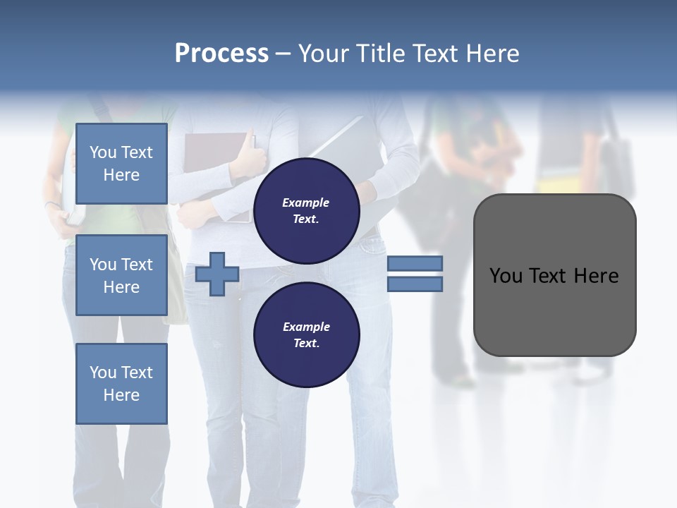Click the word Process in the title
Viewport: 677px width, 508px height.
pos(221,53)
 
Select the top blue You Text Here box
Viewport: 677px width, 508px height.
pos(121,164)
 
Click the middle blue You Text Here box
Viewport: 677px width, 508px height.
pos(121,275)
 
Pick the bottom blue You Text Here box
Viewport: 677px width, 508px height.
pos(121,384)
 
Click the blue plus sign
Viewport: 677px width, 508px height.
pos(217,274)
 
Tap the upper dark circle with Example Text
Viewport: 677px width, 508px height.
pos(307,210)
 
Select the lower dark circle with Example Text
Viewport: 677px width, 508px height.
pos(307,334)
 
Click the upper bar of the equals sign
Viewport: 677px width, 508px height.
pos(415,264)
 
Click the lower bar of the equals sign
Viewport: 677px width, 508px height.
pos(415,284)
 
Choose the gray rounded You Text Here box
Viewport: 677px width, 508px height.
pos(554,310)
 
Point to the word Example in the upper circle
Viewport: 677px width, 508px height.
pos(305,202)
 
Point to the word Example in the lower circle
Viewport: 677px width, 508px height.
pos(306,327)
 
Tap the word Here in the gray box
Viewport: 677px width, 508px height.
pos(597,276)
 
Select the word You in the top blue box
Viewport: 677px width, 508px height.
pos(103,152)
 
